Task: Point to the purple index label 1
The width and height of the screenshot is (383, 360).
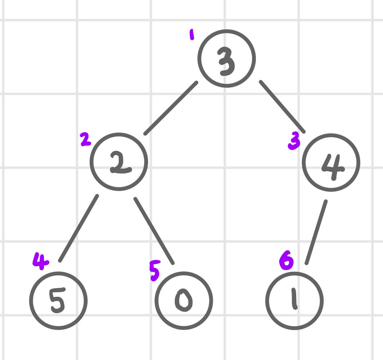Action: click(192, 35)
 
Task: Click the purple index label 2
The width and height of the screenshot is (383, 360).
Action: click(85, 139)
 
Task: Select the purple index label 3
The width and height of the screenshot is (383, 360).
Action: click(294, 141)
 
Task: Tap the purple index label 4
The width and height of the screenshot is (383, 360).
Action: click(41, 261)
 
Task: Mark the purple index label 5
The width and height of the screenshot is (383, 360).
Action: click(155, 271)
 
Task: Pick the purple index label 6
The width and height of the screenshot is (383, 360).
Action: click(286, 260)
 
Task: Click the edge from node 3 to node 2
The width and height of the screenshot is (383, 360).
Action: click(171, 108)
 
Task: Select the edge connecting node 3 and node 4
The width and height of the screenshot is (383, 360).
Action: click(282, 107)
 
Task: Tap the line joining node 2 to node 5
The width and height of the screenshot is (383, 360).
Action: click(79, 228)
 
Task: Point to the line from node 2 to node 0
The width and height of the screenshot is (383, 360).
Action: click(154, 231)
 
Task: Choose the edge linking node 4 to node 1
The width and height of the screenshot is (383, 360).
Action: click(316, 232)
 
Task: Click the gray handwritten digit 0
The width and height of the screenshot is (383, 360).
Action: click(184, 300)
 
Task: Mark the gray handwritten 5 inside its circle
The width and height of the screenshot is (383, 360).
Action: click(57, 301)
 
